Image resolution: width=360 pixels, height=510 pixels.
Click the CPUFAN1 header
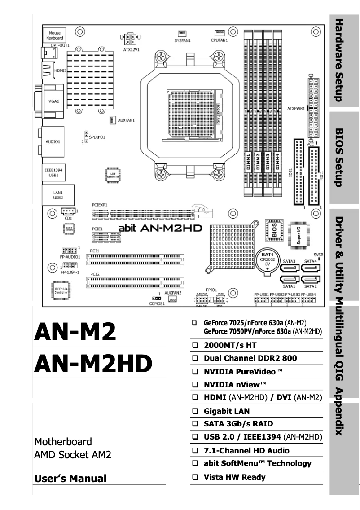tap(220, 33)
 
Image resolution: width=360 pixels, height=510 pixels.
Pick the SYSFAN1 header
tap(182, 33)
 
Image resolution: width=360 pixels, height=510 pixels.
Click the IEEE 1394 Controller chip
tap(61, 290)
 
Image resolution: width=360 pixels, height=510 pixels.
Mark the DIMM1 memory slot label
tap(248, 162)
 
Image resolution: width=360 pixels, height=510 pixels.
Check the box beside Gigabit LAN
tap(195, 411)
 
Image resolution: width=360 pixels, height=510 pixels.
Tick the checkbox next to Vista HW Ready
tap(195, 477)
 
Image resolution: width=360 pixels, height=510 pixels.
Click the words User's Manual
tap(70, 478)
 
